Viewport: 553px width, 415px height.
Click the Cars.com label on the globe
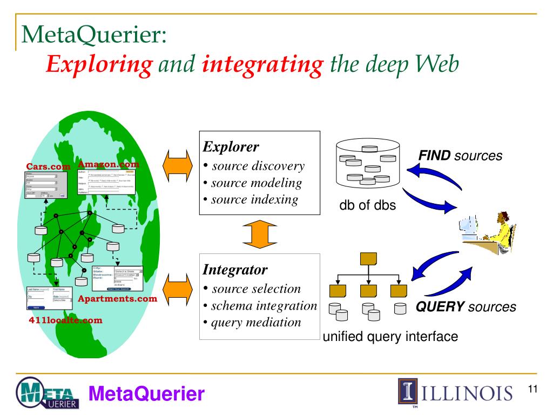(x=49, y=166)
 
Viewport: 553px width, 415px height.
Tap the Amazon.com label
(x=109, y=164)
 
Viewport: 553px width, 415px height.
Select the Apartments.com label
(x=118, y=298)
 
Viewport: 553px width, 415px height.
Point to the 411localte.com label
(x=65, y=320)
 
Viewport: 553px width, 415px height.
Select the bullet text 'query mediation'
(x=256, y=322)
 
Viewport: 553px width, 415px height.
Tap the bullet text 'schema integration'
(x=264, y=305)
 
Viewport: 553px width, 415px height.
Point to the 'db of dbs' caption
(x=367, y=206)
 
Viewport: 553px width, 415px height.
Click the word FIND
(x=435, y=156)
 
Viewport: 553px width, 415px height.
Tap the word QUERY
(x=440, y=307)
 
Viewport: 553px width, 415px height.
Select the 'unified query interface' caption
(x=390, y=337)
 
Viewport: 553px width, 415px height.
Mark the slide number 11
(x=533, y=390)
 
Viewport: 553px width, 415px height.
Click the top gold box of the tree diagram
(x=368, y=258)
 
